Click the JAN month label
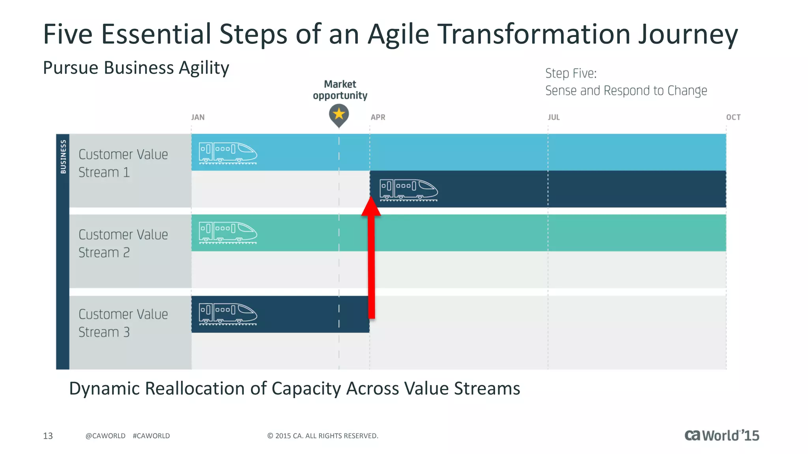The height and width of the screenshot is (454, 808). pyautogui.click(x=198, y=117)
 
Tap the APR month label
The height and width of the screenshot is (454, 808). pyautogui.click(x=378, y=117)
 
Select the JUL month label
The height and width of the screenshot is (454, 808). pyautogui.click(x=554, y=117)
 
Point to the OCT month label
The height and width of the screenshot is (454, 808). pyautogui.click(x=733, y=117)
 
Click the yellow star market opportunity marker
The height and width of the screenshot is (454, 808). pyautogui.click(x=339, y=114)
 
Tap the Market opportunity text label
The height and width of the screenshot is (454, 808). pyautogui.click(x=340, y=90)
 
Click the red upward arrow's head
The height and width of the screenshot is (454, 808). pyautogui.click(x=371, y=207)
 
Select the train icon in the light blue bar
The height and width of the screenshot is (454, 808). pyautogui.click(x=228, y=153)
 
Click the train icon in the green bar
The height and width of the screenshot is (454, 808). pyautogui.click(x=228, y=233)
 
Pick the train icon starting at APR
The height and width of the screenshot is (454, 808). pyautogui.click(x=408, y=190)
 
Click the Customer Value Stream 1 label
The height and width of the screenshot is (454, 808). pyautogui.click(x=123, y=163)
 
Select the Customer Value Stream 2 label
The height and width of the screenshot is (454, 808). pyautogui.click(x=123, y=244)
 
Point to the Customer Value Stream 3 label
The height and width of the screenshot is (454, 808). pyautogui.click(x=123, y=323)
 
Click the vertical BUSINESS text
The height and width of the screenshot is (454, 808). pyautogui.click(x=63, y=156)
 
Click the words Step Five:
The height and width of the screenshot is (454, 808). pyautogui.click(x=570, y=73)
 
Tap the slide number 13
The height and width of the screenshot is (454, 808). pyautogui.click(x=48, y=436)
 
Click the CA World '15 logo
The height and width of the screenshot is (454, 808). pyautogui.click(x=721, y=435)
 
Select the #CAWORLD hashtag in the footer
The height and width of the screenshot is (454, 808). pyautogui.click(x=151, y=436)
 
